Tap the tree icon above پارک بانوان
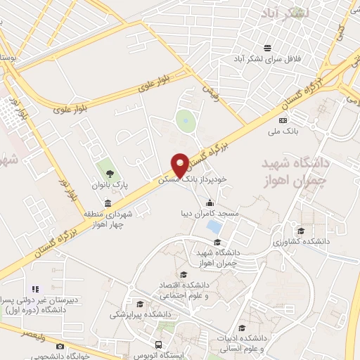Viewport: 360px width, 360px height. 108,172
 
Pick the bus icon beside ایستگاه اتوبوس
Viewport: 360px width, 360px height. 160,345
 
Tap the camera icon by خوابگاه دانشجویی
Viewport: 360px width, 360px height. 60,346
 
